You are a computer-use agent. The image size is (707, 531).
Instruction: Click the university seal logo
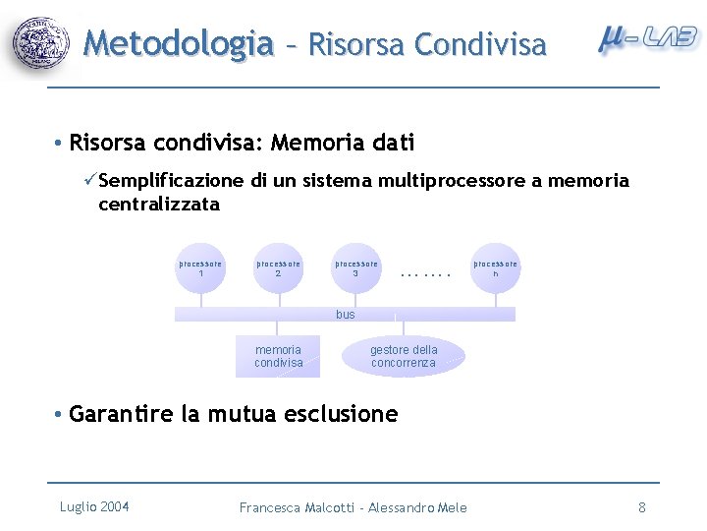click(x=42, y=43)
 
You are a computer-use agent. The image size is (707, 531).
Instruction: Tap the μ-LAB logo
click(x=648, y=39)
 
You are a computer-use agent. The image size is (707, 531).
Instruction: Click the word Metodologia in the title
click(x=178, y=43)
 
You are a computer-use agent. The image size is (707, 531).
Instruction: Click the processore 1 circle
click(x=200, y=268)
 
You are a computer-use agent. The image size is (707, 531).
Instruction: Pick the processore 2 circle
click(x=278, y=268)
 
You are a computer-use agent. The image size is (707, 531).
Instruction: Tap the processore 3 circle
click(x=356, y=268)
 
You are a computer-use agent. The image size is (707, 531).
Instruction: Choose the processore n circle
click(x=495, y=268)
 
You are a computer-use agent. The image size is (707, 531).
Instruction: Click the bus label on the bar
click(x=345, y=315)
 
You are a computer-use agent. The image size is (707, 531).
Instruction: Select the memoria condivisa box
click(x=278, y=356)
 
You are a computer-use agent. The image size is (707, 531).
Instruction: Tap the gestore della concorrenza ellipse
click(x=404, y=356)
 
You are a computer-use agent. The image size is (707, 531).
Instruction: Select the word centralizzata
click(x=159, y=205)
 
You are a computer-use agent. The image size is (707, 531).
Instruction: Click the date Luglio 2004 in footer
click(x=94, y=506)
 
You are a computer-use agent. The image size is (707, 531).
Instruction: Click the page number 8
click(x=642, y=507)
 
